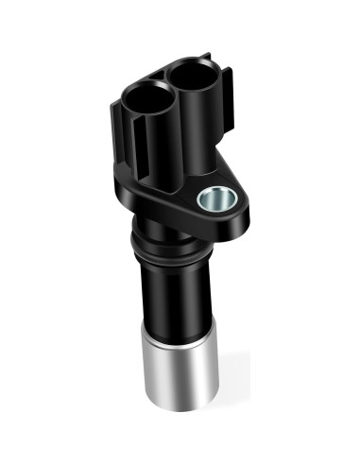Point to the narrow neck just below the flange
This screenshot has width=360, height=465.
(165, 236)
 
